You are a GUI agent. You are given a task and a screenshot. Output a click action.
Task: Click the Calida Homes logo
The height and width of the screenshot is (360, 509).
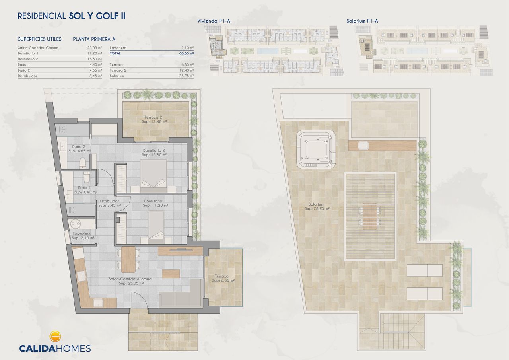pyautogui.click(x=55, y=342)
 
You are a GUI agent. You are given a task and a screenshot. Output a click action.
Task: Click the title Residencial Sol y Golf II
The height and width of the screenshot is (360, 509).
pyautogui.click(x=72, y=16)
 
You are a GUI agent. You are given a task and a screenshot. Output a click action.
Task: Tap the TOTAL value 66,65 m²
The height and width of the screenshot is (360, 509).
pyautogui.click(x=186, y=53)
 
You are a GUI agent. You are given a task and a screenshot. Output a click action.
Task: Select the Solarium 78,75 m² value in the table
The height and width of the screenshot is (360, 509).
pyautogui.click(x=186, y=76)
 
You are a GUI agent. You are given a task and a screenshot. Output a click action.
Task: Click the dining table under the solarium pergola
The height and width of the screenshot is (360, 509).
pyautogui.click(x=370, y=216)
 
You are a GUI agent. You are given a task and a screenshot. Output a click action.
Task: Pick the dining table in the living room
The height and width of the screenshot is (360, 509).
pyautogui.click(x=128, y=259)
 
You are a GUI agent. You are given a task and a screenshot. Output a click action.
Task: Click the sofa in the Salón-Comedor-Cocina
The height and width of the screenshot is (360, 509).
pyautogui.click(x=181, y=294)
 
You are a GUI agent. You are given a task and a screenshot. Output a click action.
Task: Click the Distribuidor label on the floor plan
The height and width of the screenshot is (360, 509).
pyautogui.click(x=109, y=203)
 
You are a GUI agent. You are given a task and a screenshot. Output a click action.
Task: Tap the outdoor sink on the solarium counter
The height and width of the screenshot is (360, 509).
pyautogui.click(x=363, y=146)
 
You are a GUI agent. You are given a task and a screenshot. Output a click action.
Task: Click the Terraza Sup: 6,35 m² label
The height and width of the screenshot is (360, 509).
pyautogui.click(x=223, y=278)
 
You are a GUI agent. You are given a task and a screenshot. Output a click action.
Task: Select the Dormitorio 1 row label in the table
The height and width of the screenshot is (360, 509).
pyautogui.click(x=28, y=53)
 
